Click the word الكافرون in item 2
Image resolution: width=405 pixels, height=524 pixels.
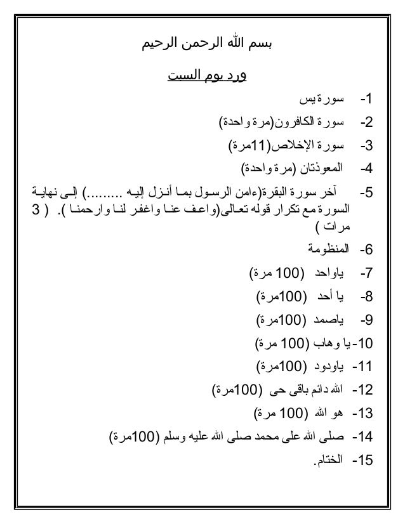tap(292, 121)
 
